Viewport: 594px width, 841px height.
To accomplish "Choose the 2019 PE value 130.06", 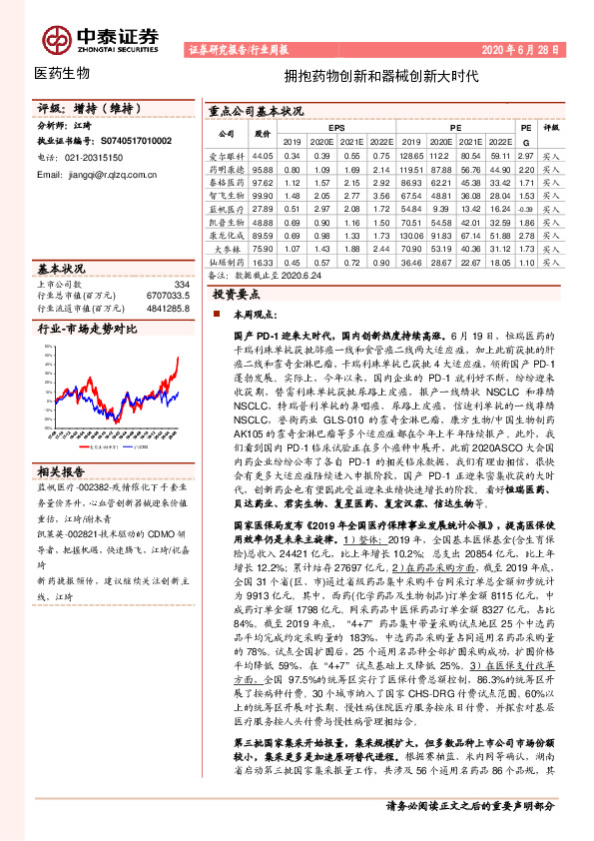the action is point(411,234).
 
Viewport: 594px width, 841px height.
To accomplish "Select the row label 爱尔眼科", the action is point(226,157).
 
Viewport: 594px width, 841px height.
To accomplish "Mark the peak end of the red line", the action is point(179,357).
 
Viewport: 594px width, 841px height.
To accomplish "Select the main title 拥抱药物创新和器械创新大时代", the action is point(382,75).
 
